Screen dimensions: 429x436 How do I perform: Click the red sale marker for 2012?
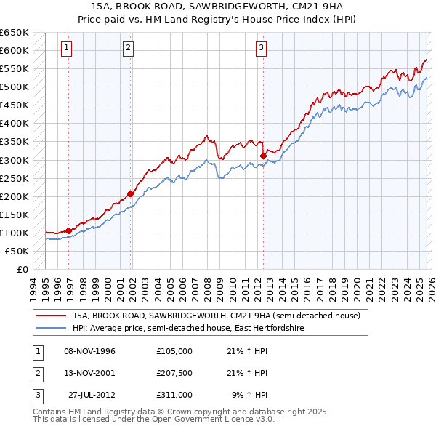(262, 155)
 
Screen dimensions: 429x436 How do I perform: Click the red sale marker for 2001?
(130, 193)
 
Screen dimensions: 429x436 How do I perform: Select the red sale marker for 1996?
(68, 230)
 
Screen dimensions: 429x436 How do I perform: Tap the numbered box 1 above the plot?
(66, 49)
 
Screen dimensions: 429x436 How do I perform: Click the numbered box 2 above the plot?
(128, 49)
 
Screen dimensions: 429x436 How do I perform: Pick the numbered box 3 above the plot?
(260, 49)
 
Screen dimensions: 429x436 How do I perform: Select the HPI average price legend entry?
(187, 329)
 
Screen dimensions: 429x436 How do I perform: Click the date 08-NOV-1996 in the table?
(89, 351)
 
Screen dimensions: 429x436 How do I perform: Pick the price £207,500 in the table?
(174, 373)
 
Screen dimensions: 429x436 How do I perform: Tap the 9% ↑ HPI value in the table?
(250, 395)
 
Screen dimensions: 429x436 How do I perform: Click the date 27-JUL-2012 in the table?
(92, 395)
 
